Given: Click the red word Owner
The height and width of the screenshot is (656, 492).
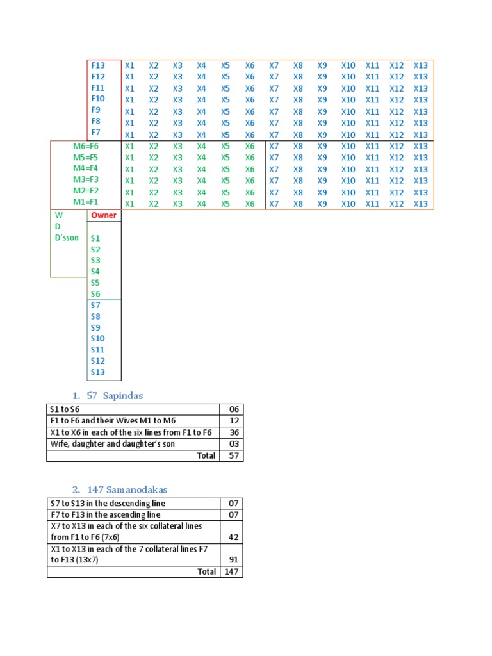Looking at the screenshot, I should pyautogui.click(x=104, y=215).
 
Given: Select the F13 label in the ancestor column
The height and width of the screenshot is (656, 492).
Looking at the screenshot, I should pyautogui.click(x=98, y=65).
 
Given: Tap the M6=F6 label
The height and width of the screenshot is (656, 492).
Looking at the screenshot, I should pyautogui.click(x=86, y=146).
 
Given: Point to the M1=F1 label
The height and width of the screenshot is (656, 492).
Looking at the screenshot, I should pyautogui.click(x=86, y=202).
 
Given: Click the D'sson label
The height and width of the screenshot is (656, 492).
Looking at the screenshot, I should pyautogui.click(x=67, y=238).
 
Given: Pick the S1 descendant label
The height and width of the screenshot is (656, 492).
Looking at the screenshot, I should pyautogui.click(x=95, y=238).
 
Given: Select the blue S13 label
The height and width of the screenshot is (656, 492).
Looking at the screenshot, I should pyautogui.click(x=98, y=372).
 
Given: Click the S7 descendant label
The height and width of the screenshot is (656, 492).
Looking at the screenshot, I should pyautogui.click(x=95, y=305).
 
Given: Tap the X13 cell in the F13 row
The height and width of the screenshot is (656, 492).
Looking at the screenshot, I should pyautogui.click(x=421, y=65).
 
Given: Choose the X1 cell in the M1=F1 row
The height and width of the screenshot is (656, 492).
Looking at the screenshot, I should pyautogui.click(x=130, y=204).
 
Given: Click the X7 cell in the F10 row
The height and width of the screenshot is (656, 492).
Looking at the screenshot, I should pyautogui.click(x=274, y=100).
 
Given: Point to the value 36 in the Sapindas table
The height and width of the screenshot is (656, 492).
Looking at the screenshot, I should pyautogui.click(x=233, y=432).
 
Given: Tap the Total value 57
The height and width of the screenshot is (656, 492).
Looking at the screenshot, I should pyautogui.click(x=233, y=455).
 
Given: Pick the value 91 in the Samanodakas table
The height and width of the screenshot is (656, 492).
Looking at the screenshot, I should pyautogui.click(x=233, y=560).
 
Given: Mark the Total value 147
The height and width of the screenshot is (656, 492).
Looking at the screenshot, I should pyautogui.click(x=231, y=571).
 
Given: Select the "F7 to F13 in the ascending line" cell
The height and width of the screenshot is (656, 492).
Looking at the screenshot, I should pyautogui.click(x=105, y=515).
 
